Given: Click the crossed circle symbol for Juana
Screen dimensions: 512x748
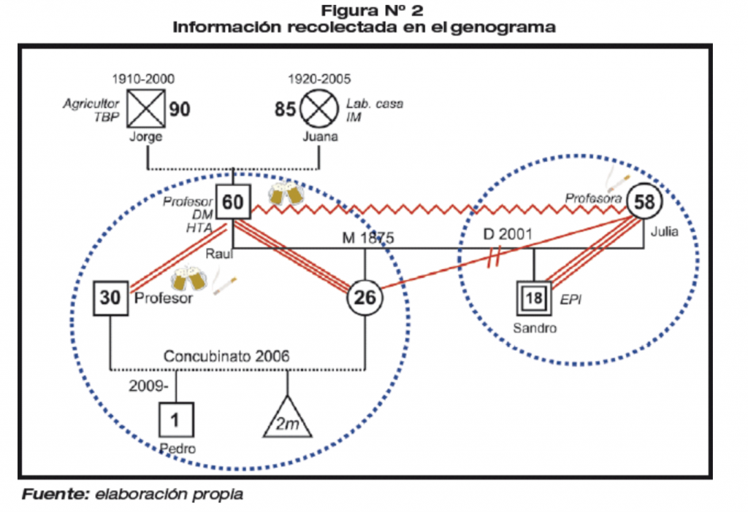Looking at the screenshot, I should pyautogui.click(x=319, y=109).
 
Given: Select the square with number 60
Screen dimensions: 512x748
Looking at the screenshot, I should pyautogui.click(x=233, y=202).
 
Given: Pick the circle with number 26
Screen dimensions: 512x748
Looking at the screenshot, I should pyautogui.click(x=363, y=296).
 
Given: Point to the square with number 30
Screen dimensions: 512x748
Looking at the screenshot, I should pyautogui.click(x=110, y=298).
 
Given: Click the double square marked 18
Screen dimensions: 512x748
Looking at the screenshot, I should pyautogui.click(x=535, y=298).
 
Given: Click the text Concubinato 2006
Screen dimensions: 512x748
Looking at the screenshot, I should pyautogui.click(x=226, y=357).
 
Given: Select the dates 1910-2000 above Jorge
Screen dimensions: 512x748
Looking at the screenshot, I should pyautogui.click(x=143, y=79).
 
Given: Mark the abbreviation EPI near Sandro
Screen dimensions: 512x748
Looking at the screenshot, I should pyautogui.click(x=568, y=298).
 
